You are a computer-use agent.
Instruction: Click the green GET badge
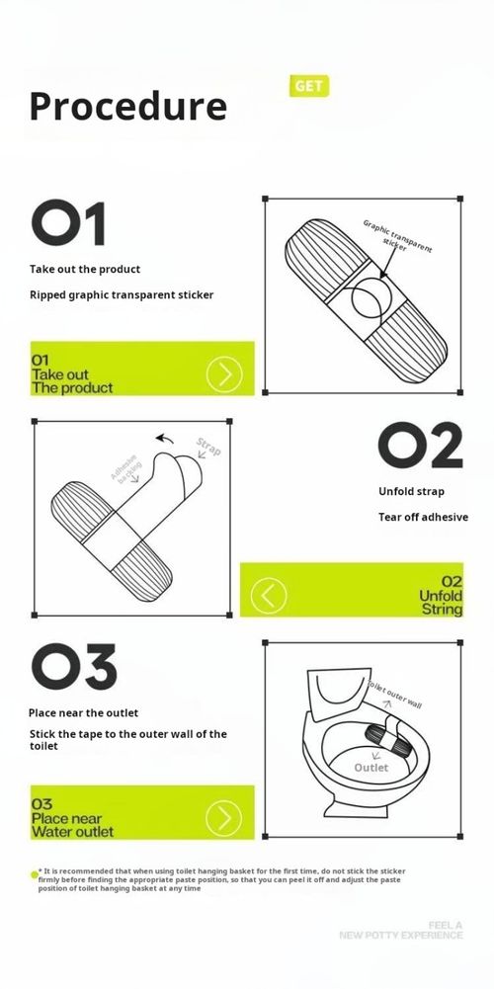(308, 86)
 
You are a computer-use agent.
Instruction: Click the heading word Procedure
(128, 106)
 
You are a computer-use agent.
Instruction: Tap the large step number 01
(68, 224)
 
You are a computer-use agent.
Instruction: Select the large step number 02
(420, 447)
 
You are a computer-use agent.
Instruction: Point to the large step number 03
(73, 668)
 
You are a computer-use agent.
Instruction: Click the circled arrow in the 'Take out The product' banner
(224, 373)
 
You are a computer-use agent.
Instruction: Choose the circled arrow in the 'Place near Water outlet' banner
(224, 817)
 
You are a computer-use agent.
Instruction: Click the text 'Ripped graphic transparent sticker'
(122, 294)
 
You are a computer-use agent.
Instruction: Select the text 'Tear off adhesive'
(423, 517)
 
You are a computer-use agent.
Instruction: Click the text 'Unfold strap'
(411, 491)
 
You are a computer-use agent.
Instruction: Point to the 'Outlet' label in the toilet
(371, 768)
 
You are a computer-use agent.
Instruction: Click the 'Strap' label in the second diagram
(208, 447)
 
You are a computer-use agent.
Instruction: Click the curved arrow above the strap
(168, 440)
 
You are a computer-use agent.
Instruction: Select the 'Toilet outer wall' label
(394, 695)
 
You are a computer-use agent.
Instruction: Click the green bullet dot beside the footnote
(34, 874)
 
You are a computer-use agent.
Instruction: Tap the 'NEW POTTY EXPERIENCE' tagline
(400, 934)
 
